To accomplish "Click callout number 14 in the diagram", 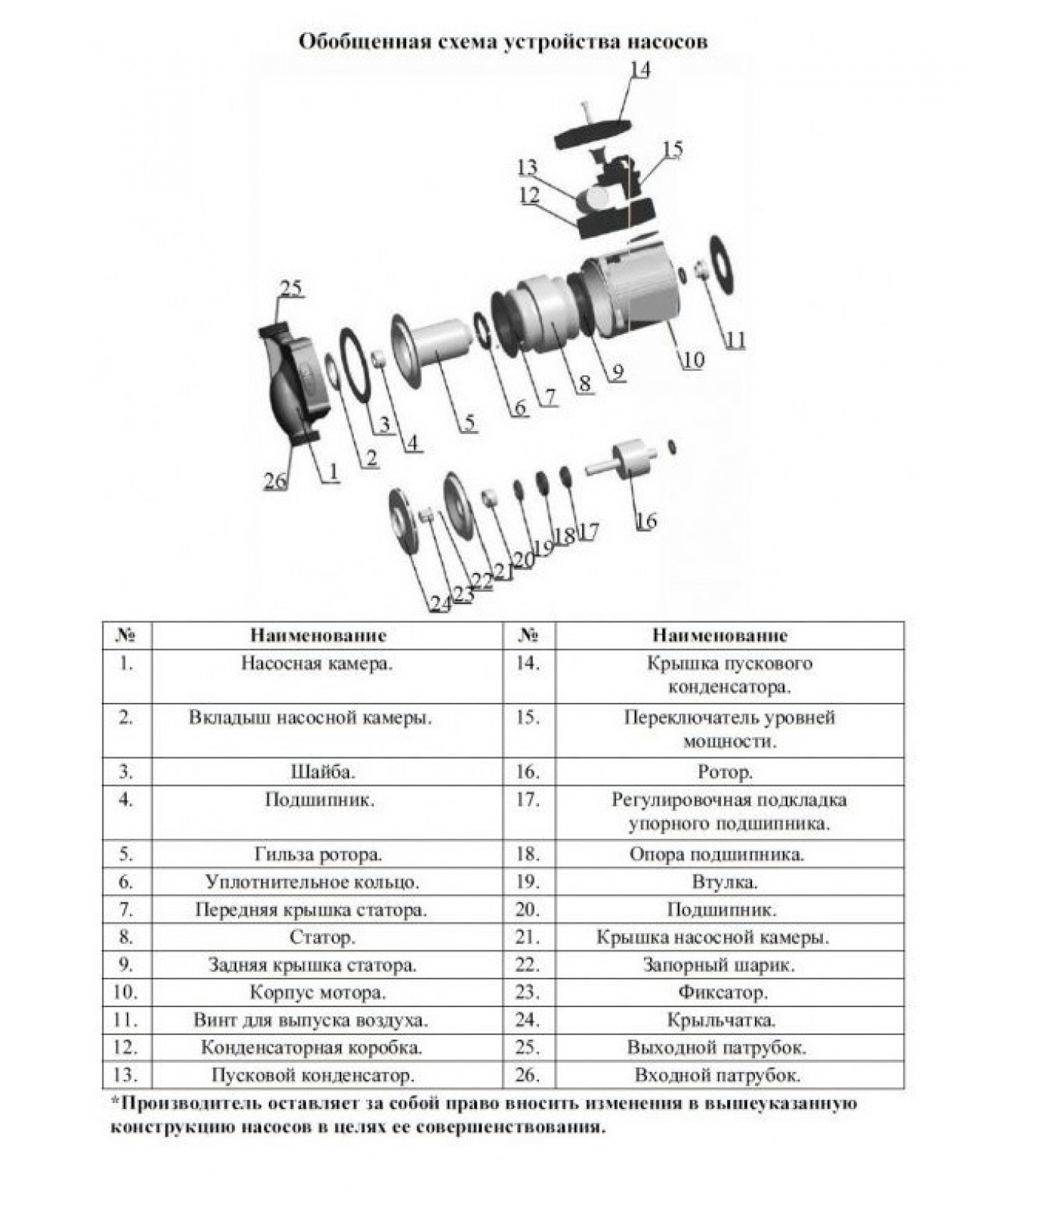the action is [x=639, y=69].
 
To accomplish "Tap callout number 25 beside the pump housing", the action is [x=291, y=288].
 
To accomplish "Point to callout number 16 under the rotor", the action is [x=646, y=520].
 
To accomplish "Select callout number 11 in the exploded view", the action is [x=735, y=340].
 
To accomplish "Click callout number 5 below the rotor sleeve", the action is [x=470, y=422].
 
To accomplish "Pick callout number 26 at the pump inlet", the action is [x=275, y=480].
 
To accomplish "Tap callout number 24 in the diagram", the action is [x=440, y=603].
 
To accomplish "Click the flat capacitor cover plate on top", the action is [x=602, y=134].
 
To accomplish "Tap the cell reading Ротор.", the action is [x=725, y=772].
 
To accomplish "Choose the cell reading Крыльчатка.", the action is [x=721, y=1020].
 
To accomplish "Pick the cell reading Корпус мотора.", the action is [x=318, y=992].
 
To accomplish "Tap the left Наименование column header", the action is [x=319, y=635].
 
